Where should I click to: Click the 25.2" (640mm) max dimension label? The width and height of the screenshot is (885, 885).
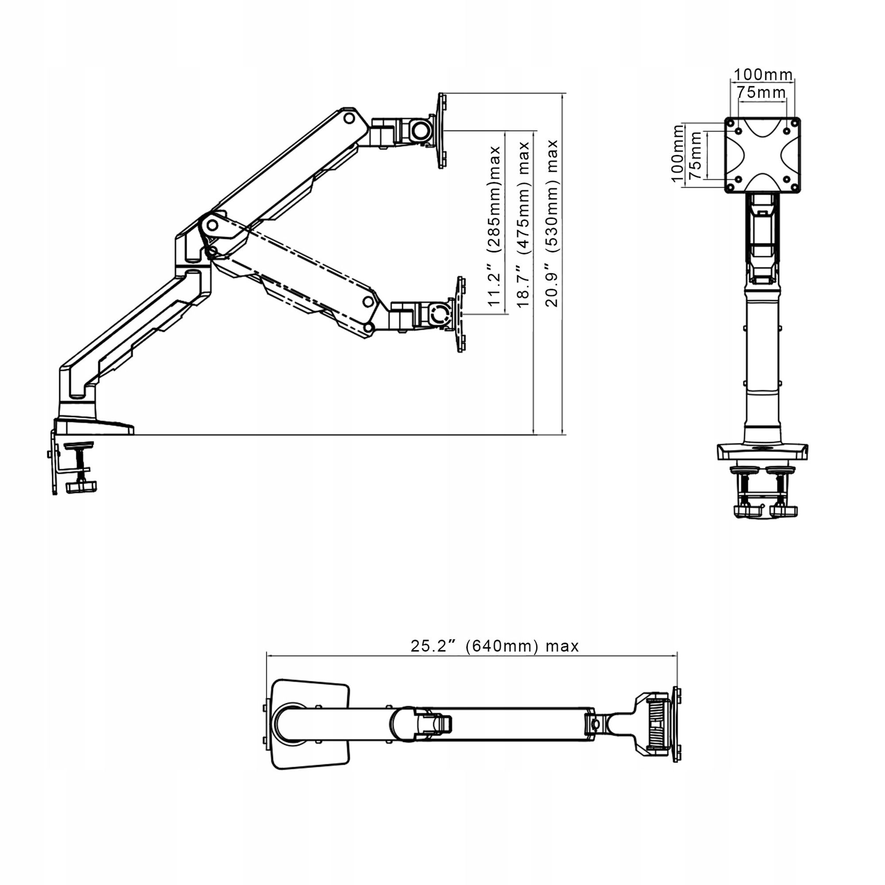494,646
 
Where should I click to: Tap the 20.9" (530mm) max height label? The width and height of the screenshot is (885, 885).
552,223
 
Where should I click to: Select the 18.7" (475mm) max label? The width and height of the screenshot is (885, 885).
523,224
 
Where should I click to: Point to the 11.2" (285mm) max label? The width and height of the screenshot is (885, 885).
494,226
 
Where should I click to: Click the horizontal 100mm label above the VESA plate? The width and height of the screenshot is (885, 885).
763,74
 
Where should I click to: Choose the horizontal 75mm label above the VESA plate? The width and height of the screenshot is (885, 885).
761,92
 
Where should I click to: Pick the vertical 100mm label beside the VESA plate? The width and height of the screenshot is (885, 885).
677,154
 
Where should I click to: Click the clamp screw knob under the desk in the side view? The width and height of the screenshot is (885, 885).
81,486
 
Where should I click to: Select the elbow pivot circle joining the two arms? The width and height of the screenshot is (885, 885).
212,225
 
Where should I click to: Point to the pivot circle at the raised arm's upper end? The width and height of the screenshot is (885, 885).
349,118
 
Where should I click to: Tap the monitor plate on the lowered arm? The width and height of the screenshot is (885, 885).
460,314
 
